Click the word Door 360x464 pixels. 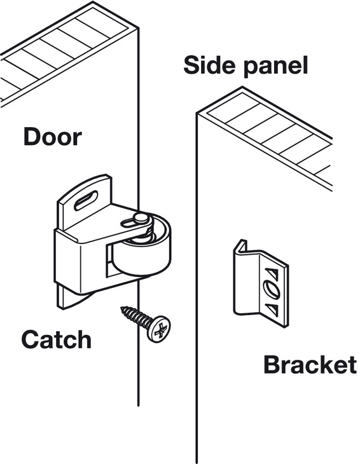click(52, 137)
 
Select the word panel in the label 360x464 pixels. click(276, 67)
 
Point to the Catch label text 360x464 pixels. click(56, 339)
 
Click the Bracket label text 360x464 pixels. click(310, 365)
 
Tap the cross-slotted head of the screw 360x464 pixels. click(159, 329)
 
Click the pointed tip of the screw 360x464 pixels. click(121, 308)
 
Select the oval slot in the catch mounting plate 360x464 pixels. click(86, 200)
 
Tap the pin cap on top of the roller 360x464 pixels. click(141, 218)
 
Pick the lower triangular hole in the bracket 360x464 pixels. click(272, 309)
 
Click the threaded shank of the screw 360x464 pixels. click(136, 318)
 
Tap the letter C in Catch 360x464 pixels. click(29, 339)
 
